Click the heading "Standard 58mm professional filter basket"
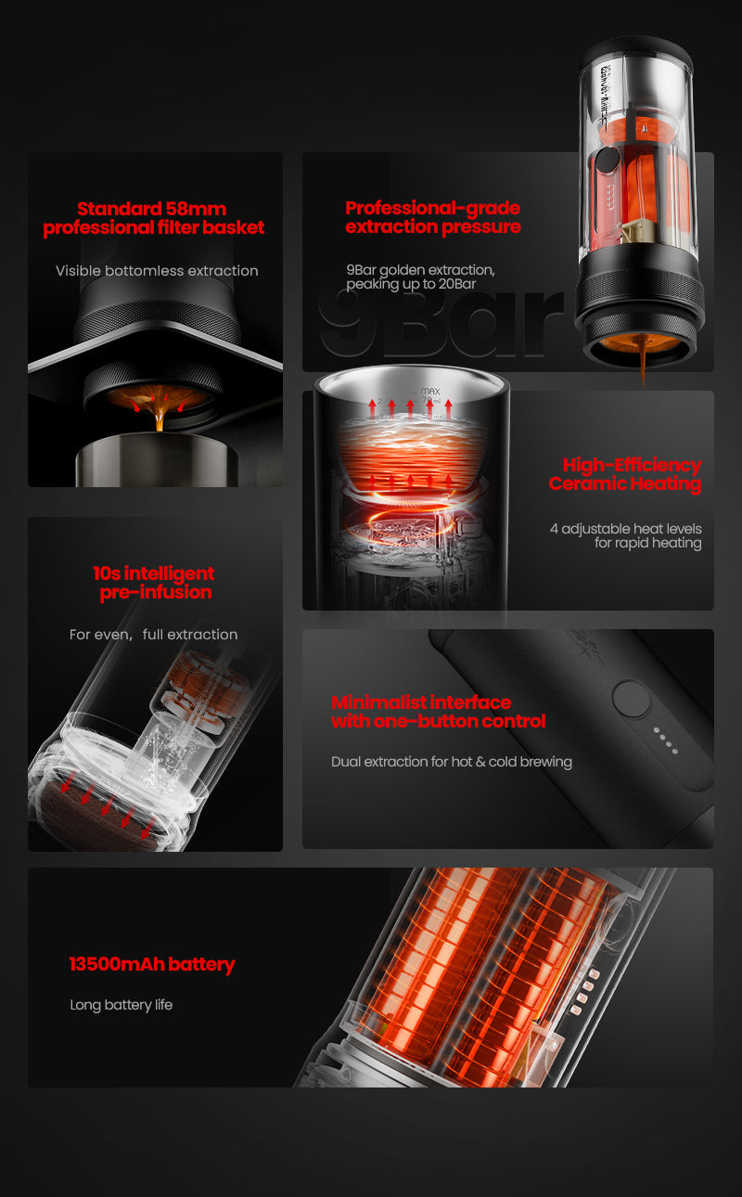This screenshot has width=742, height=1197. pyautogui.click(x=154, y=218)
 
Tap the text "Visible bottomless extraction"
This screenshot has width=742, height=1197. pyautogui.click(x=157, y=271)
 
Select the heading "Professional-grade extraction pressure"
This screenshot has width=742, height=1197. pyautogui.click(x=433, y=217)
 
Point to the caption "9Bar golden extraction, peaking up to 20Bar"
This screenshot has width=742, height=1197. pyautogui.click(x=420, y=277)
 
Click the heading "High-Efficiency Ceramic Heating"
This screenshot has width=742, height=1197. pyautogui.click(x=625, y=474)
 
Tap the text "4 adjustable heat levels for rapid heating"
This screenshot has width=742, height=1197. pyautogui.click(x=626, y=535)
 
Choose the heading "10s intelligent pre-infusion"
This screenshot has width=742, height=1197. pyautogui.click(x=155, y=583)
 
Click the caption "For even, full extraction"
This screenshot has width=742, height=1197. pyautogui.click(x=154, y=635)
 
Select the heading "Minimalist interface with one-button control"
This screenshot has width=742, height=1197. pyautogui.click(x=438, y=712)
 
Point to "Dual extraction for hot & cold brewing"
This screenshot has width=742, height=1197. pyautogui.click(x=452, y=762)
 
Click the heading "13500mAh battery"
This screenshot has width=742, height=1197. pyautogui.click(x=152, y=964)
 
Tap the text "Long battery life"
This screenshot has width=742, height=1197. pyautogui.click(x=122, y=1005)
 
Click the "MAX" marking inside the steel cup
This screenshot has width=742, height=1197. pyautogui.click(x=430, y=393)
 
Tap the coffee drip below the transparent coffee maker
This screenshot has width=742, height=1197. pyautogui.click(x=641, y=367)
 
